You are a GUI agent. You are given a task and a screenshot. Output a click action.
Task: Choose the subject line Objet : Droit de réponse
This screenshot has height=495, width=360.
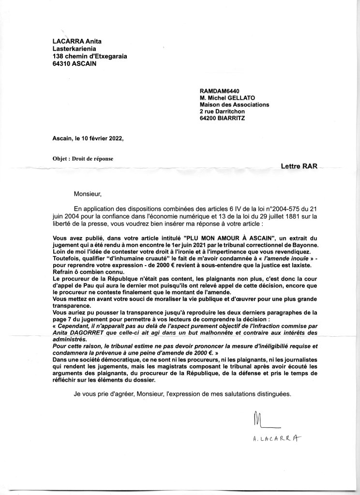tap(83, 158)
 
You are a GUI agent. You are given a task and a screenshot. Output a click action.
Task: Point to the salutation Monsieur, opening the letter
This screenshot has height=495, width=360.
tap(88, 195)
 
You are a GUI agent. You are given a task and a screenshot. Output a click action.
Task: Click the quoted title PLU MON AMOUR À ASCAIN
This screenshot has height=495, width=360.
tap(229, 239)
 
